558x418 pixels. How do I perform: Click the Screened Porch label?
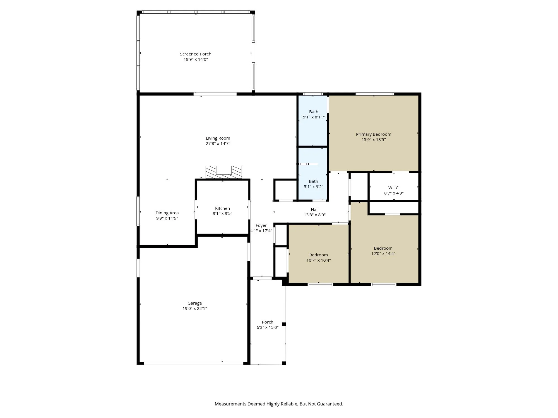point(195,54)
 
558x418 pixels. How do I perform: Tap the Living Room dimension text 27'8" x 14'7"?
point(218,144)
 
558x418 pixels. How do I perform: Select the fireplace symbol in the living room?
point(224,172)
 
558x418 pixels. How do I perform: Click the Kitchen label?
point(222,208)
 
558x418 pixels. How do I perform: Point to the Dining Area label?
point(167,213)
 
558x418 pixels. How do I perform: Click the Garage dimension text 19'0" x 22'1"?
point(194,308)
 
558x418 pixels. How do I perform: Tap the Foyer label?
point(261,225)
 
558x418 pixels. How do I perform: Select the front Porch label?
point(267,322)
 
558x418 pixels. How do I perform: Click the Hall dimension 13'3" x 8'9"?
point(314,215)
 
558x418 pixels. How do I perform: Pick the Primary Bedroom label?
point(373,134)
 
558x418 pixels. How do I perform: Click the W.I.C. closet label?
point(394,188)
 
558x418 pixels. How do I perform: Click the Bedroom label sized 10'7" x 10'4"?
point(318,255)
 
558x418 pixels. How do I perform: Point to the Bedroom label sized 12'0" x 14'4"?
point(383,248)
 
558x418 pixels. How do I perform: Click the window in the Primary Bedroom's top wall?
point(375,94)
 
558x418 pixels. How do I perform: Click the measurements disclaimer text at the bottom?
point(279,404)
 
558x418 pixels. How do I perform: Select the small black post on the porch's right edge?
point(284,324)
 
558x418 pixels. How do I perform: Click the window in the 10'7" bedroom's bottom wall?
point(320,285)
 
